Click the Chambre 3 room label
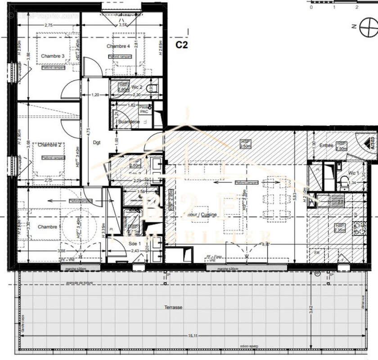click(x=53, y=56)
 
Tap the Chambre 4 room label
click(x=118, y=46)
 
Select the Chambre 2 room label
click(x=49, y=145)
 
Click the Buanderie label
click(x=129, y=122)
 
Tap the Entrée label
click(x=326, y=145)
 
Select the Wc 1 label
click(x=354, y=173)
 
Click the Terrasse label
click(x=173, y=307)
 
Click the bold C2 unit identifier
click(x=181, y=45)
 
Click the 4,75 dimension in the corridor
click(x=89, y=131)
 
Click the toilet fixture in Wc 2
click(x=152, y=87)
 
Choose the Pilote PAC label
click(x=144, y=109)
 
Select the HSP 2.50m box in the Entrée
click(x=341, y=146)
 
